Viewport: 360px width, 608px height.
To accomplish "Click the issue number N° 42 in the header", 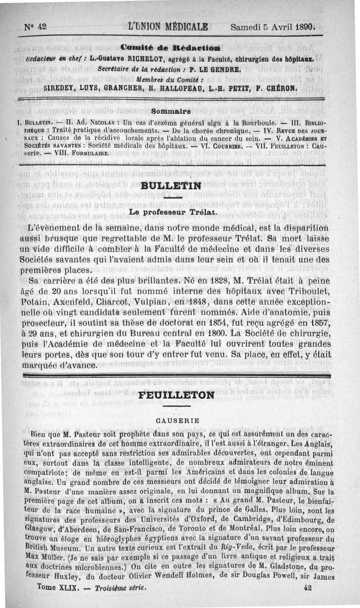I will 36,27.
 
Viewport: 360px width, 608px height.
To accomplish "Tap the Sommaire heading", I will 171,109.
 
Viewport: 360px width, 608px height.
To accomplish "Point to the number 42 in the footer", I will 308,588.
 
